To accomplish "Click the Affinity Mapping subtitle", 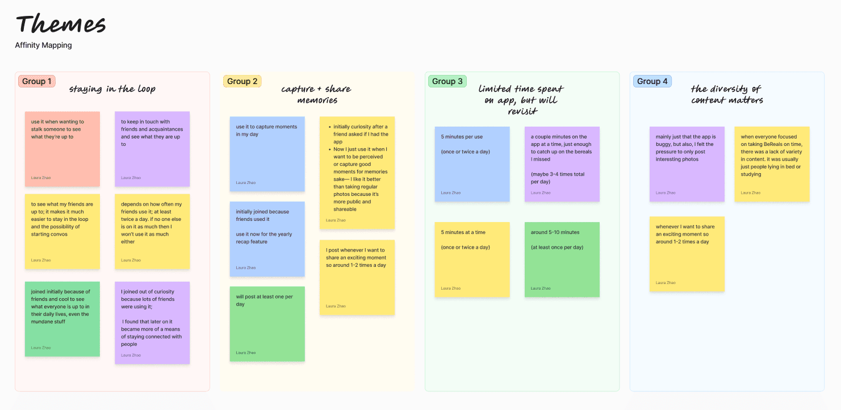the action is click(x=43, y=45).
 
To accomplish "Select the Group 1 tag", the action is click(x=36, y=81).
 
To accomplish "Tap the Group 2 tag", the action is click(x=242, y=81).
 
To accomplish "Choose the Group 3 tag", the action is click(x=447, y=81).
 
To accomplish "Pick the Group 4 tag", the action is click(x=652, y=81).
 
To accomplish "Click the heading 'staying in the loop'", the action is click(x=112, y=89).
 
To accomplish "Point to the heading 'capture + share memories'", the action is click(x=316, y=94).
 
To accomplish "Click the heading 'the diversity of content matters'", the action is click(x=727, y=94).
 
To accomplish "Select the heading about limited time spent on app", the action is click(x=521, y=99).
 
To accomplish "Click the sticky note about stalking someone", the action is click(x=62, y=149).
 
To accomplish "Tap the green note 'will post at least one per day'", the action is click(x=267, y=324).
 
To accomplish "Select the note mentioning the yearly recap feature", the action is click(x=267, y=239).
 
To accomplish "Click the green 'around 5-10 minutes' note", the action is click(x=562, y=260).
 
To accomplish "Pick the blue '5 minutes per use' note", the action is click(x=472, y=164).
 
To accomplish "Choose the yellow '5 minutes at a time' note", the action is click(x=472, y=260).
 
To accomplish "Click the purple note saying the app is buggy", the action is click(x=687, y=164).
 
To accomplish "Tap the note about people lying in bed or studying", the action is click(x=772, y=164).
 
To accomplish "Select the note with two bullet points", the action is click(x=357, y=173).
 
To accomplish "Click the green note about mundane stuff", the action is click(x=62, y=319).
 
